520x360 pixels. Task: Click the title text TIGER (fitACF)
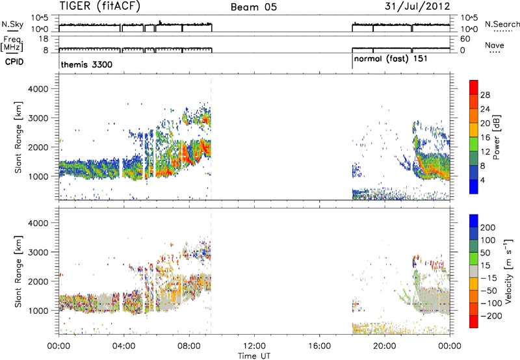click(x=100, y=6)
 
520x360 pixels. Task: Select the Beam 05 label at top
click(x=253, y=7)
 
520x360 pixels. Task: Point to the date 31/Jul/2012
click(x=417, y=6)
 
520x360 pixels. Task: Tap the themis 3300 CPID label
click(x=86, y=64)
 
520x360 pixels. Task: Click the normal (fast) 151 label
click(x=391, y=59)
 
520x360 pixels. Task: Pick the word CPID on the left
click(x=14, y=62)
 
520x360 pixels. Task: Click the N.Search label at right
click(x=502, y=24)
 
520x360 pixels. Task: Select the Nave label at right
click(x=495, y=45)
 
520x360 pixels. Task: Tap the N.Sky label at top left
click(x=12, y=24)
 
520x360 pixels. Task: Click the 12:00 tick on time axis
click(x=254, y=346)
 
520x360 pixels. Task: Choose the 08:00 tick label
click(x=189, y=346)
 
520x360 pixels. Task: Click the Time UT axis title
click(x=254, y=355)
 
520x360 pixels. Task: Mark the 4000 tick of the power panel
click(x=38, y=89)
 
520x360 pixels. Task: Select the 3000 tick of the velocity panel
click(x=38, y=252)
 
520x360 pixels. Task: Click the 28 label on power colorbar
click(x=485, y=95)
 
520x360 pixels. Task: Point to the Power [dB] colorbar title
click(x=497, y=137)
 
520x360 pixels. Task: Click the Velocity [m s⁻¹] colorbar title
click(x=509, y=271)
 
